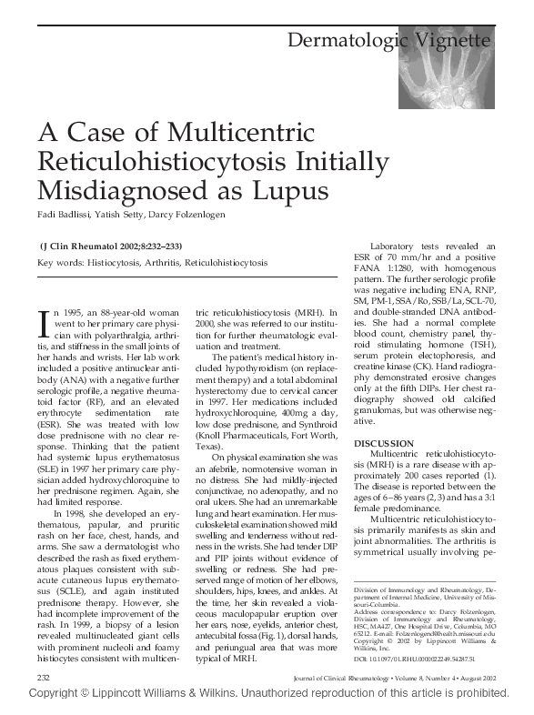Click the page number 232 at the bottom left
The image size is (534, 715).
pos(43,679)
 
